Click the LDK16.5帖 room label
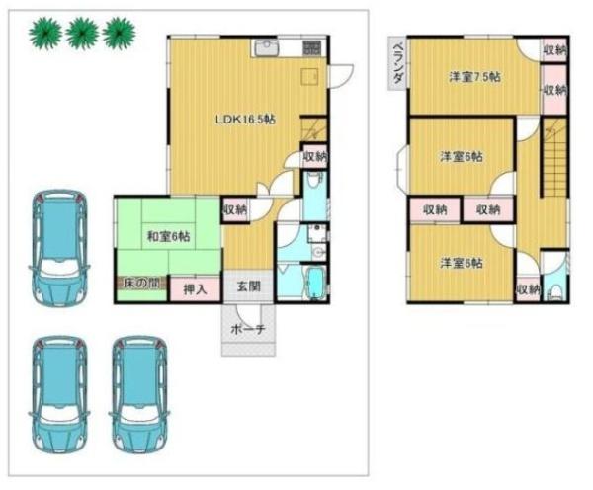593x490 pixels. pos(245,120)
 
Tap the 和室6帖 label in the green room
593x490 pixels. pos(168,237)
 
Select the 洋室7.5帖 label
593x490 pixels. pos(474,77)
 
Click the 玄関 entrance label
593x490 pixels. pos(248,286)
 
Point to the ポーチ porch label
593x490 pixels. pos(248,329)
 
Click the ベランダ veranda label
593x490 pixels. pos(397,63)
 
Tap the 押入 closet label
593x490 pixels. pos(195,289)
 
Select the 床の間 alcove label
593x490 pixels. pos(141,284)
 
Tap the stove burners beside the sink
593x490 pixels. pos(311,47)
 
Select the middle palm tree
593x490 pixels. pos(82,34)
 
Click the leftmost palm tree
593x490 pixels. pos(45,34)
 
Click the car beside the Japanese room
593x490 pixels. pos(59,248)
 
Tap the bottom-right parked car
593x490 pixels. pos(140,394)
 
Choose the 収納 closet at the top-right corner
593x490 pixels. pos(555,50)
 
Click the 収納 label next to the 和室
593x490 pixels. pos(235,209)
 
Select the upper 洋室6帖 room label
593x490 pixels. pos(462,156)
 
